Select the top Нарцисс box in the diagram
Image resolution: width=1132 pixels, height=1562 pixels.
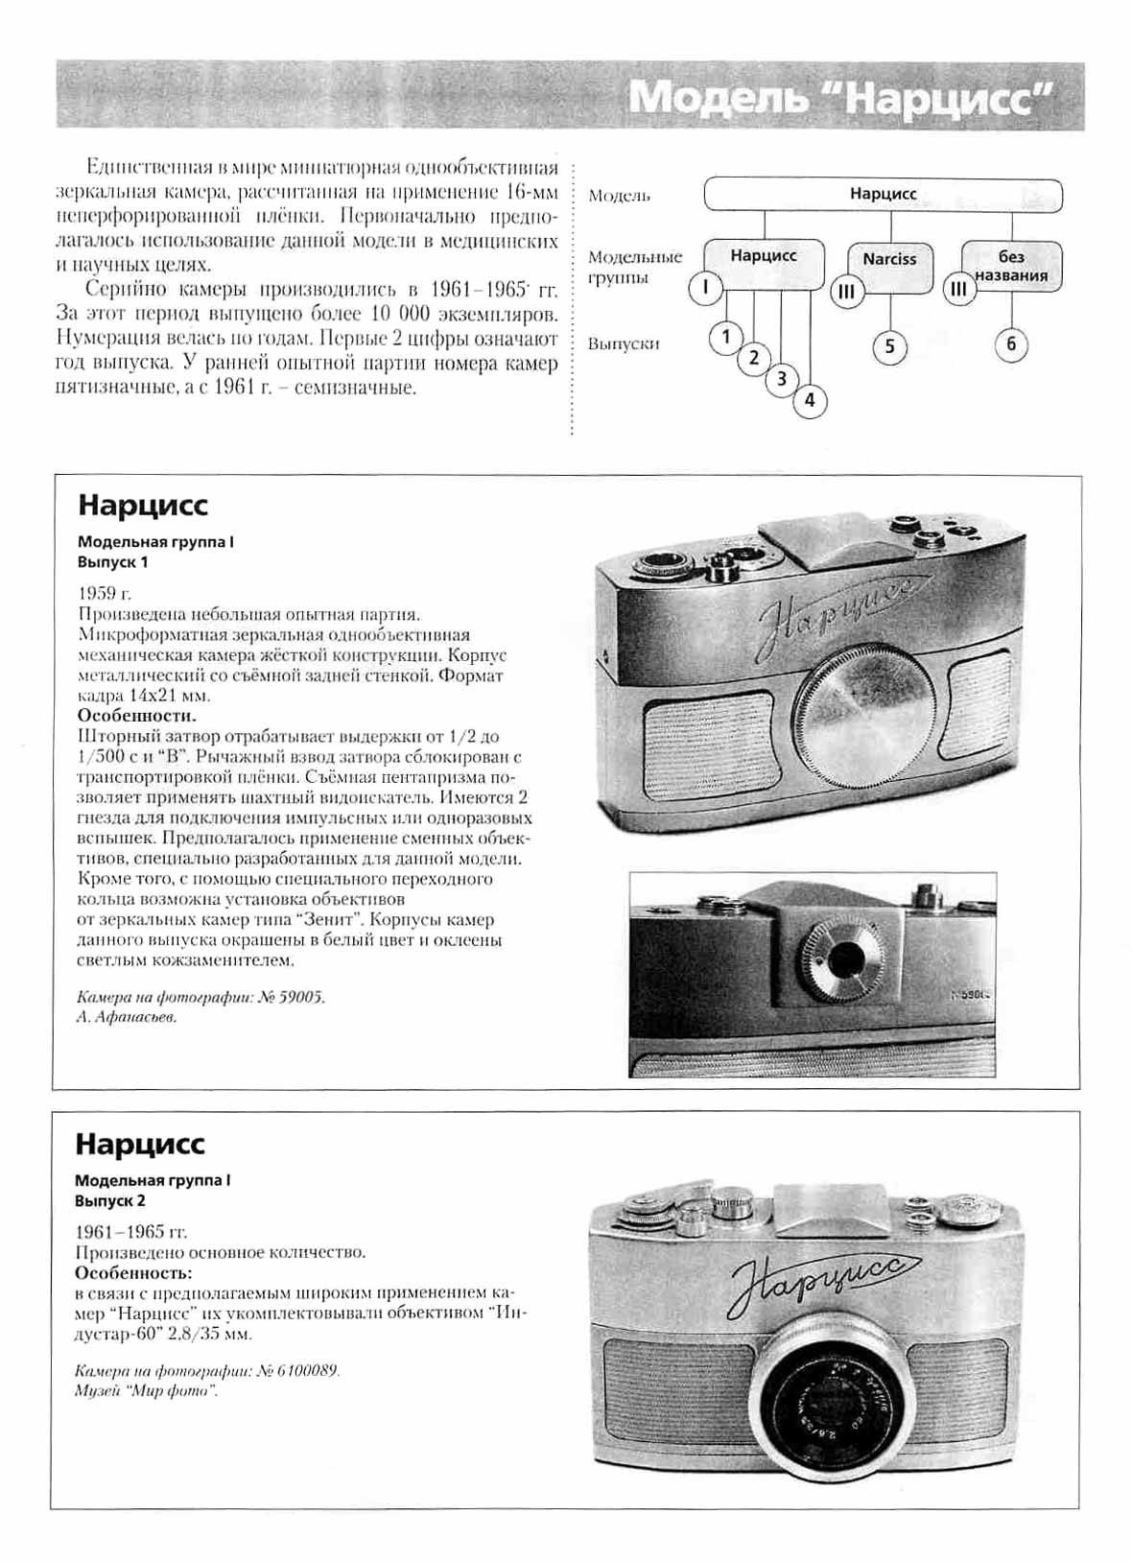coord(883,194)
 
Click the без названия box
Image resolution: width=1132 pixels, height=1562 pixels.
coord(1011,266)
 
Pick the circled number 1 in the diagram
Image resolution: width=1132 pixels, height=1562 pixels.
coord(726,337)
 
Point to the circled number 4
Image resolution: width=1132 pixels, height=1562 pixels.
coord(810,400)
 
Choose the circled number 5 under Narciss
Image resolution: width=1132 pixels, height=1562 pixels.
coord(889,346)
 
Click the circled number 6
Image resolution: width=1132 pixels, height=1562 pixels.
coord(1011,343)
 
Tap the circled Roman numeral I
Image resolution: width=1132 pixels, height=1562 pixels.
coord(705,287)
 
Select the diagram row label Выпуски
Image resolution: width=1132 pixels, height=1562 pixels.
coord(624,343)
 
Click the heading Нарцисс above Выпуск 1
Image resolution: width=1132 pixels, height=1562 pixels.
coord(143,506)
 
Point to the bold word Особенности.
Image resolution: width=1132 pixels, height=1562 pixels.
coord(136,716)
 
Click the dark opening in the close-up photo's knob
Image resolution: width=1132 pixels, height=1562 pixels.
coord(846,956)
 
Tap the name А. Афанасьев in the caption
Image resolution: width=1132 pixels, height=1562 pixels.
coord(127,1017)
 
